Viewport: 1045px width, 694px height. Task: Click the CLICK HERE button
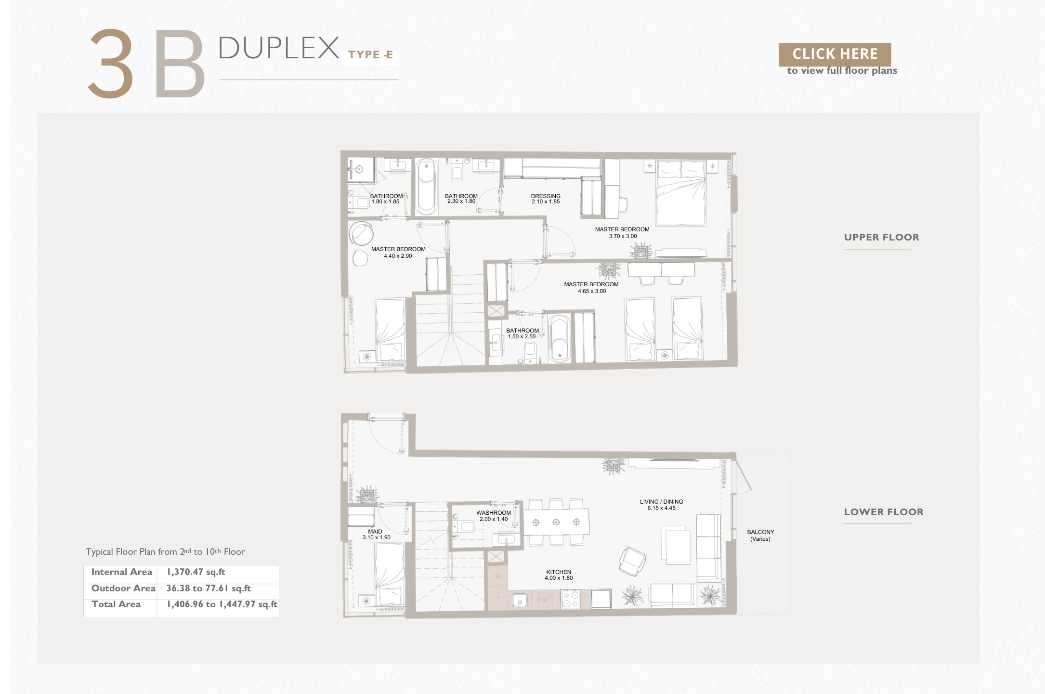835,54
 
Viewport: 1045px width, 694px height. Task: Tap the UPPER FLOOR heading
881,237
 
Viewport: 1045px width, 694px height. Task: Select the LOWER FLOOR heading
884,512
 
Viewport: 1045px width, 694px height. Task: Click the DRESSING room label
546,196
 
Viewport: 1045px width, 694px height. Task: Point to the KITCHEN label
559,572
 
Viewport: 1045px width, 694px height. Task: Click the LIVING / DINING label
661,502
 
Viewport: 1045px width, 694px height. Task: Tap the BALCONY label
760,532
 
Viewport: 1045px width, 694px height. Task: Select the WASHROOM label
494,513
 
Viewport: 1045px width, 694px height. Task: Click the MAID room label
375,532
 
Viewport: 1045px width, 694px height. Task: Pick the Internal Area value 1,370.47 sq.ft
196,572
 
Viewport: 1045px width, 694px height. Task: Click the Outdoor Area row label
123,588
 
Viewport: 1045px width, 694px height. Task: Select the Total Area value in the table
222,604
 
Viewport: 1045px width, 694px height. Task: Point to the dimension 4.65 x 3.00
592,291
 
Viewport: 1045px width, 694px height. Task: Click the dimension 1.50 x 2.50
522,336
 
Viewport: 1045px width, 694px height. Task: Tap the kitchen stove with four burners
571,600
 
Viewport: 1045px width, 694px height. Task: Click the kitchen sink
520,601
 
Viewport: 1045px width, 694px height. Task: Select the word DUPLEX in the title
279,48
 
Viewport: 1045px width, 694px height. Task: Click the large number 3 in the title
111,63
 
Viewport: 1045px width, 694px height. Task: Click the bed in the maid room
390,574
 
